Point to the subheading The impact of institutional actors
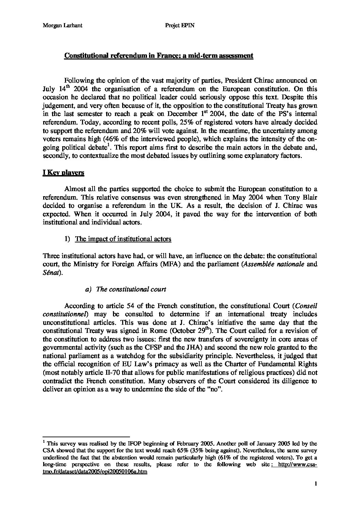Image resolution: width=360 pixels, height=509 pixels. point(123,239)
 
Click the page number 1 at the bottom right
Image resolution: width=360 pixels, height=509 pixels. point(316,483)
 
